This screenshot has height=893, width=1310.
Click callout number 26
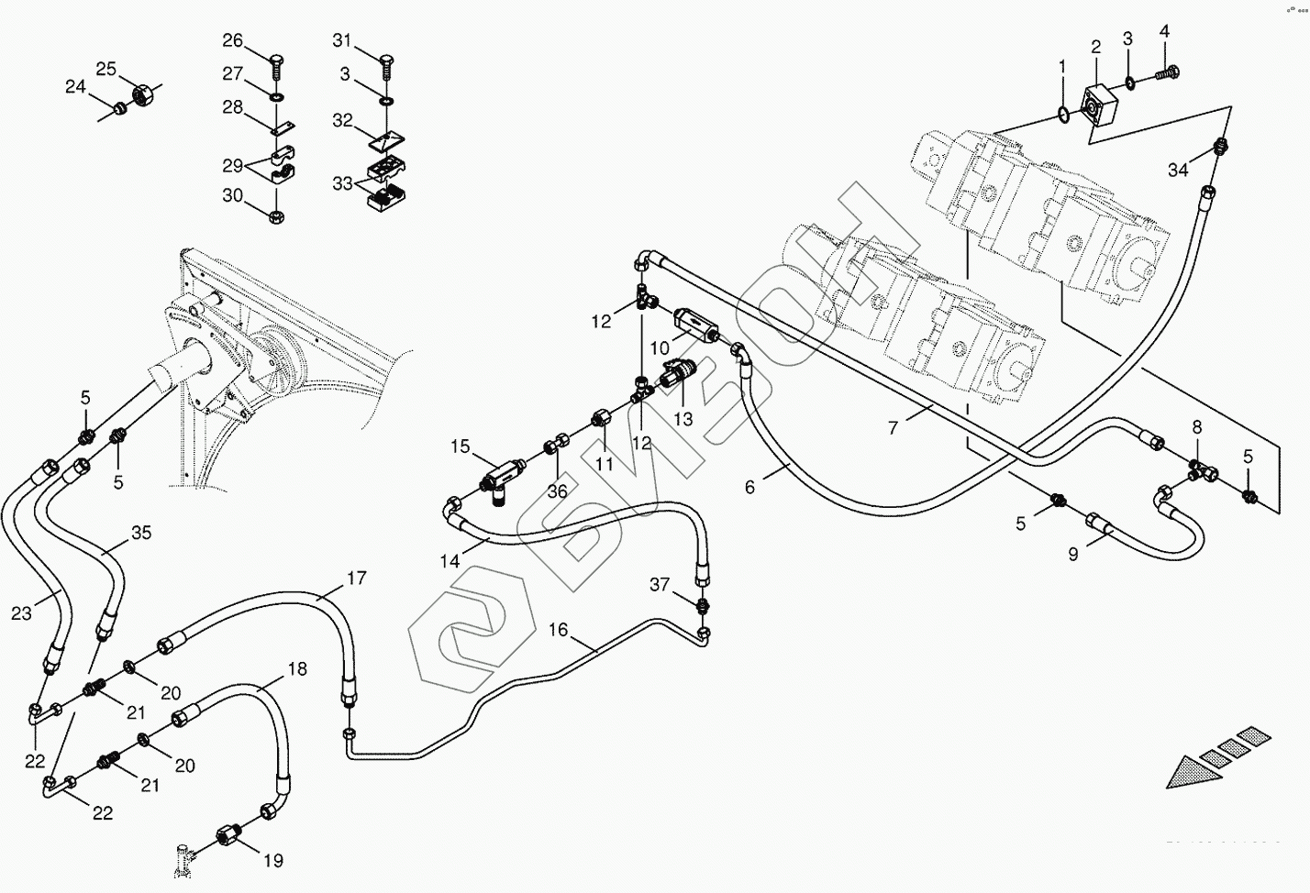click(x=233, y=40)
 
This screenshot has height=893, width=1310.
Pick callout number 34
click(x=1179, y=170)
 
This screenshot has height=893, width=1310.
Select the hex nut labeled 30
click(x=276, y=215)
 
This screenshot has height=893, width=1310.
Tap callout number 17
click(x=356, y=579)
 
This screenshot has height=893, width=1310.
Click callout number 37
click(x=661, y=585)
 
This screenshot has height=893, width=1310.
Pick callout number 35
click(x=140, y=533)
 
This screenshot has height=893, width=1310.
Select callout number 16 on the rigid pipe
click(x=559, y=630)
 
